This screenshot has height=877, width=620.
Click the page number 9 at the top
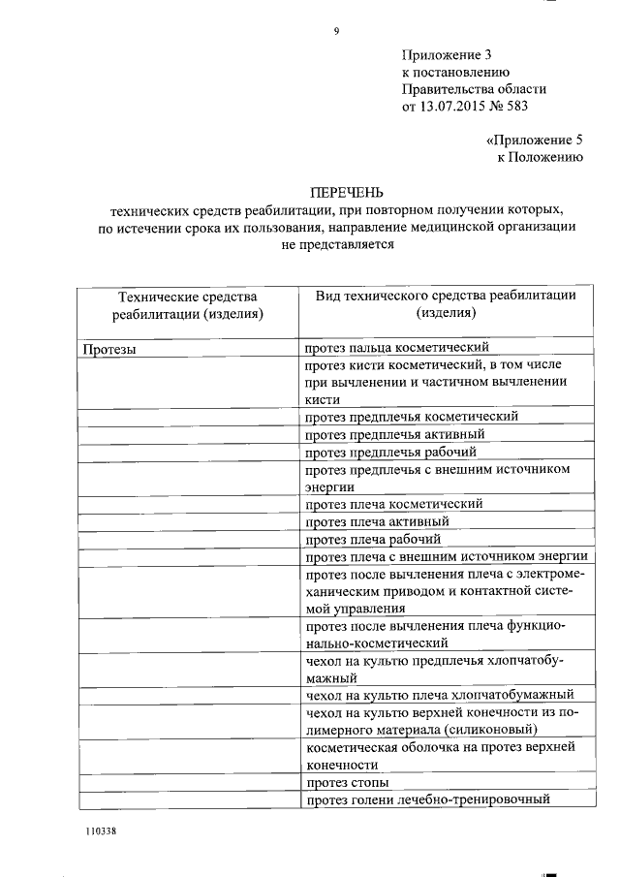336,31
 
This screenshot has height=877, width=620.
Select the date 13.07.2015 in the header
454,107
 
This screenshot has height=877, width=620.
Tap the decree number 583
522,107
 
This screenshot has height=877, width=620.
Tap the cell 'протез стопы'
348,781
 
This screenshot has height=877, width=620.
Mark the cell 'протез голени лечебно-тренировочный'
427,799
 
